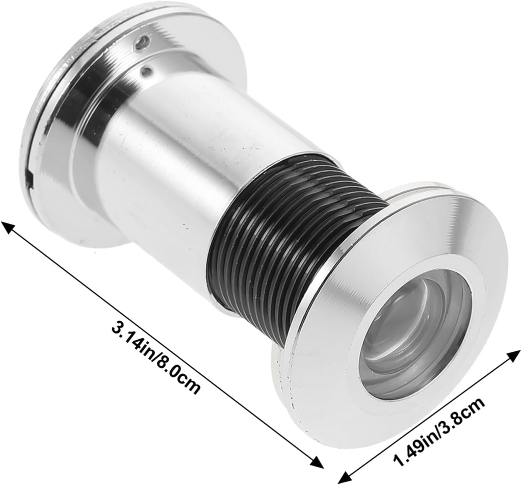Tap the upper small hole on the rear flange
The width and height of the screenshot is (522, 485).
pos(144,42)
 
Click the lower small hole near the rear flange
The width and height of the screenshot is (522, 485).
pos(146,72)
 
